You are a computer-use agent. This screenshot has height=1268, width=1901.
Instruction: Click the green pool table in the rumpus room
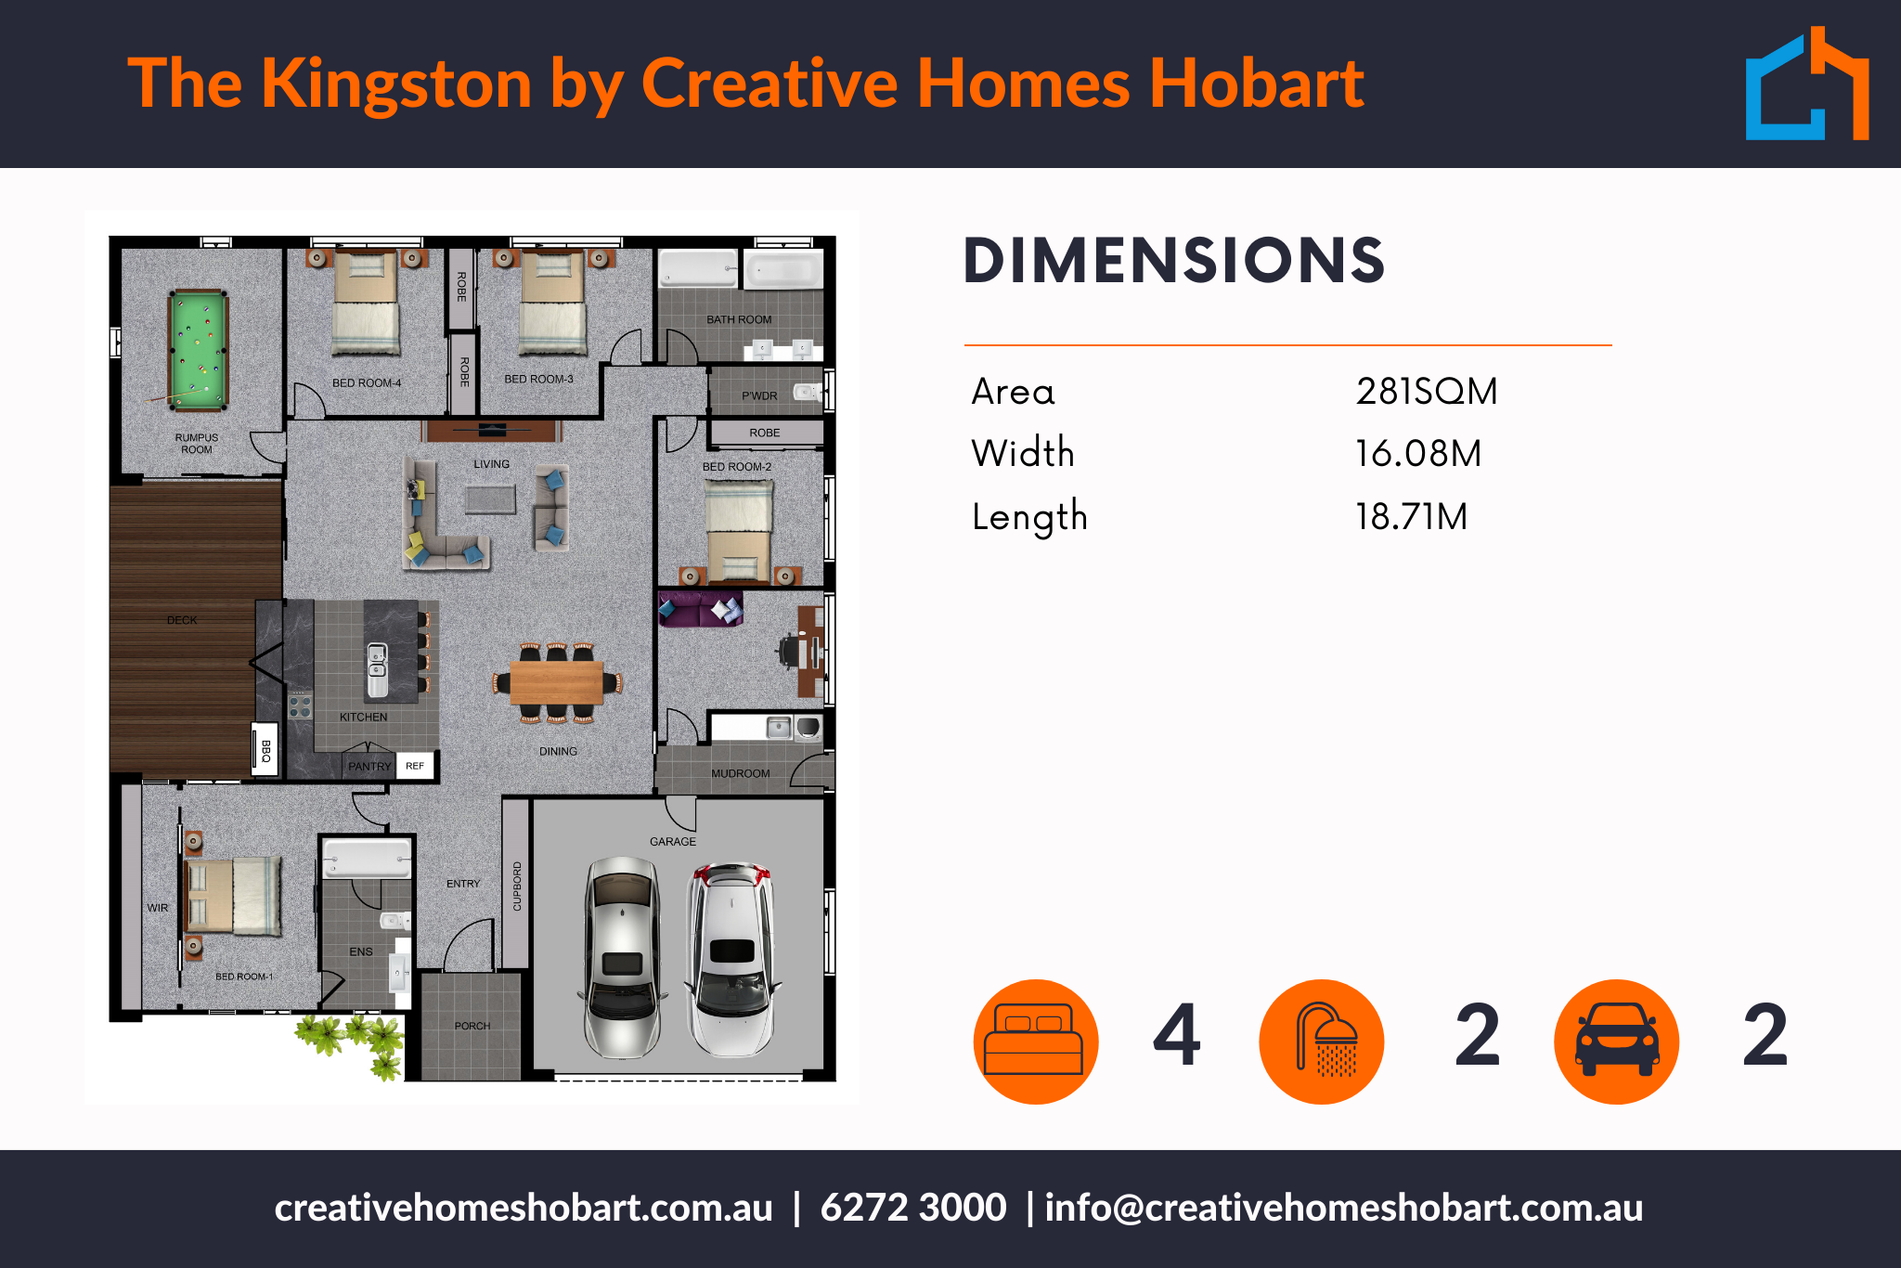coord(198,350)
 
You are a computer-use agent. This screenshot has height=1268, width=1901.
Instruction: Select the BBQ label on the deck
coord(265,750)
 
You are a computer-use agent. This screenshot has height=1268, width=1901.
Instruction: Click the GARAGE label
coord(673,841)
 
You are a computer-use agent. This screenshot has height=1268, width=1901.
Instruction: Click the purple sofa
coord(700,609)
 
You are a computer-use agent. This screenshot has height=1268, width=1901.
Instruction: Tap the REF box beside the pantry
coord(415,766)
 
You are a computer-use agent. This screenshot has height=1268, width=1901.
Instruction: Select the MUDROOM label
coord(741,773)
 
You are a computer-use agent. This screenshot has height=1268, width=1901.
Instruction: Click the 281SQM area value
coord(1427,392)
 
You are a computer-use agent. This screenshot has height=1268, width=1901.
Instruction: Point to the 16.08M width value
coord(1418,454)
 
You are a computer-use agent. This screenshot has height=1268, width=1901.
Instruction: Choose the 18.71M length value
coord(1412,517)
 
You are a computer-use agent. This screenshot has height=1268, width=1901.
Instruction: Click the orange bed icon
coord(1036,1042)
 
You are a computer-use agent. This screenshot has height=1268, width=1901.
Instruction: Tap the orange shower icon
coord(1322,1042)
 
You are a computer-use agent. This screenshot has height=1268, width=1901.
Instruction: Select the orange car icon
coord(1617,1042)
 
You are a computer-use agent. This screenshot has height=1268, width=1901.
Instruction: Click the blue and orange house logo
coord(1807,84)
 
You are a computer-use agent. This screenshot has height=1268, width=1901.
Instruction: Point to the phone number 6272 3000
coord(913,1208)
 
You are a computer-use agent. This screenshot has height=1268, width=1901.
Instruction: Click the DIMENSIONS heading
coord(1174,260)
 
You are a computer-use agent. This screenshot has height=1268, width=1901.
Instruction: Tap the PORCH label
coord(472,1026)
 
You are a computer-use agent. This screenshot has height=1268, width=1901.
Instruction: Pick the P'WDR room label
coord(759,395)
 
